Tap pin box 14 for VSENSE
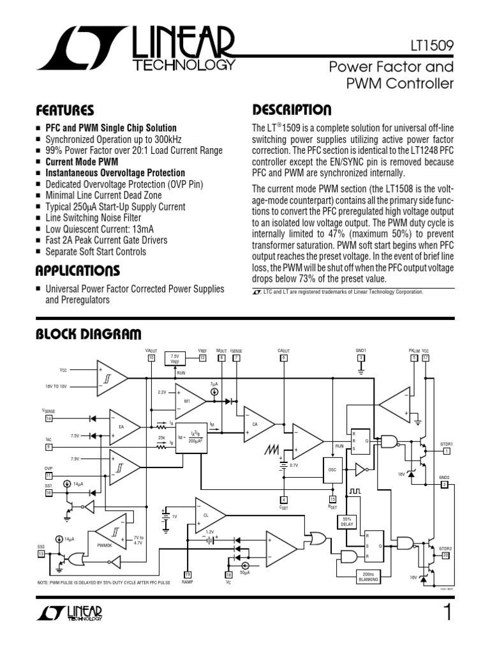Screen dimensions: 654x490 pyautogui.click(x=48, y=419)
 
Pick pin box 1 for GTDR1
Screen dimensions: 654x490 pyautogui.click(x=447, y=451)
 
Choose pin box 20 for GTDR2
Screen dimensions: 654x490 pyautogui.click(x=446, y=555)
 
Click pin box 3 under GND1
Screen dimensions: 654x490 pyautogui.click(x=361, y=358)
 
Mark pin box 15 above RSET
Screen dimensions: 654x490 pyautogui.click(x=332, y=499)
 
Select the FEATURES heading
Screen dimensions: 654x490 pyautogui.click(x=65, y=110)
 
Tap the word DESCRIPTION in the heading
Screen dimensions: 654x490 pyautogui.click(x=292, y=110)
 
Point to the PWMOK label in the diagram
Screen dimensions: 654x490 pyautogui.click(x=104, y=545)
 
